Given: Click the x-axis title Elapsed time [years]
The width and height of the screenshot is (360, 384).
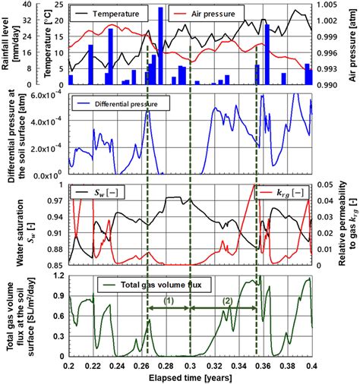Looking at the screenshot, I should tap(190, 377).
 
